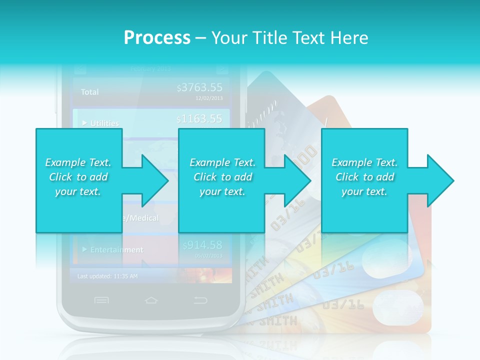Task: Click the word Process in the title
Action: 157,37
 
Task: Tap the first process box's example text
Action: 78,177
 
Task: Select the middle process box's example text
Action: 222,177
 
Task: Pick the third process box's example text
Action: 364,177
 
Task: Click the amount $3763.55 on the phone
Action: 199,88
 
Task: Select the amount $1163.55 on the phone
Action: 199,119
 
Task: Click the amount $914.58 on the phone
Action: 202,245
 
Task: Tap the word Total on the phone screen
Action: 90,92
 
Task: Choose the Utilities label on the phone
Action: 104,123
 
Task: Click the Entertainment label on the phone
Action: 116,249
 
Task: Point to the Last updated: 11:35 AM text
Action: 107,276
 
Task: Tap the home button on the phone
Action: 151,300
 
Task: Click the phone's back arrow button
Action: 200,300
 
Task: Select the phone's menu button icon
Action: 101,300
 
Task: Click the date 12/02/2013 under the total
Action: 209,98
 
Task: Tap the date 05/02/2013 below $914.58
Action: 209,255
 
